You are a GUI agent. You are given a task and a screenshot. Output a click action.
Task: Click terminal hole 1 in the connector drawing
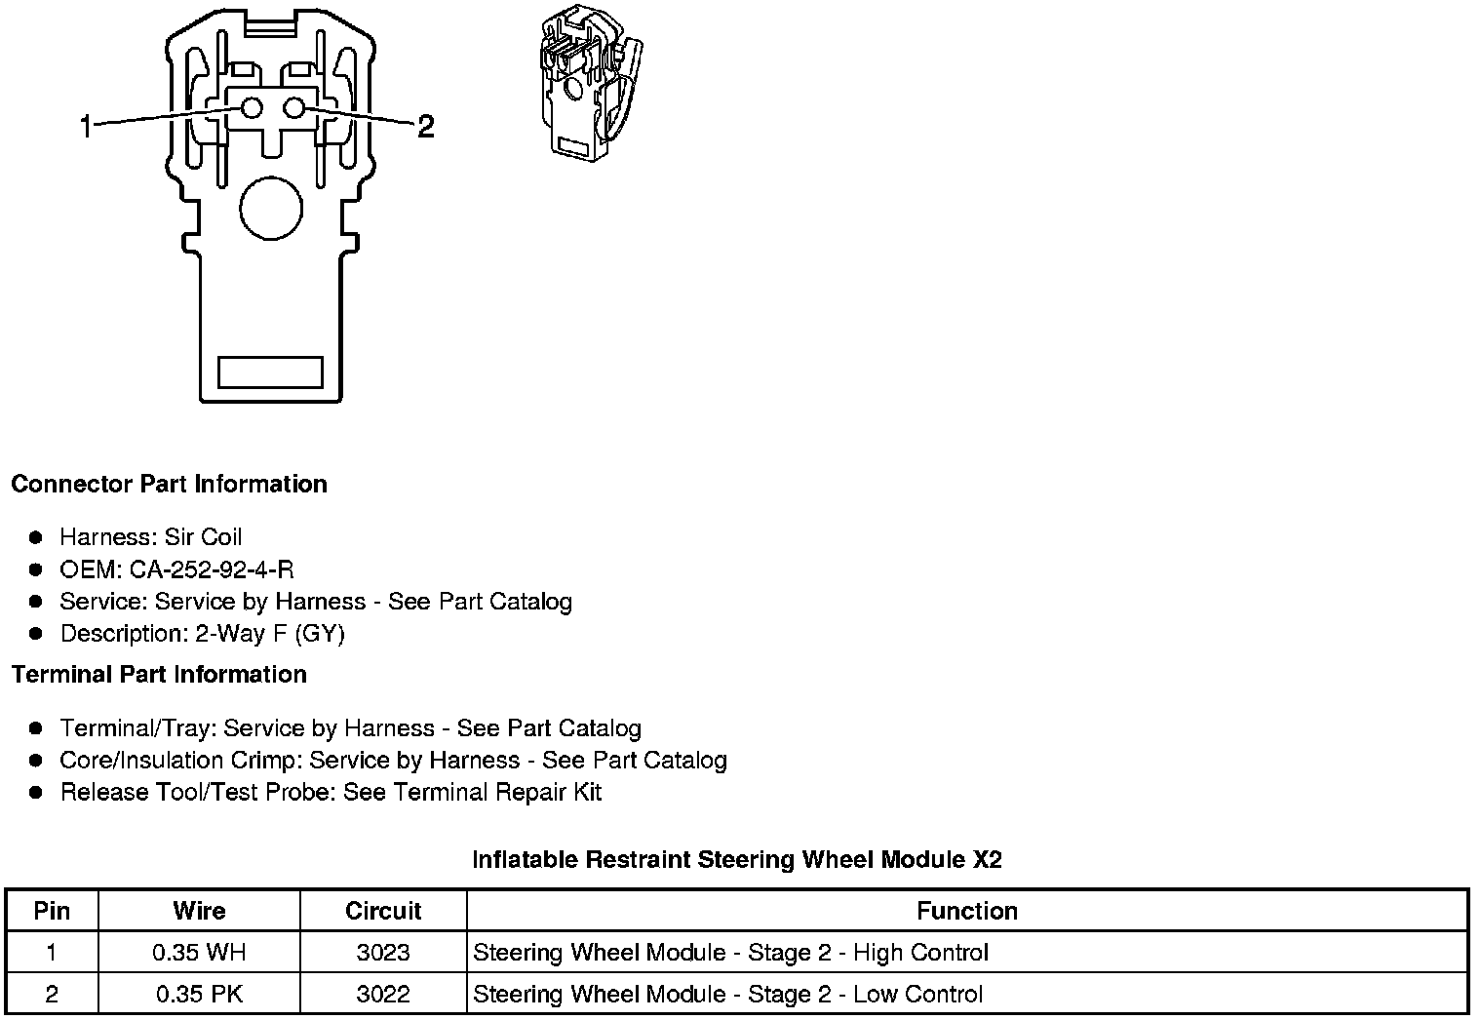coord(252,108)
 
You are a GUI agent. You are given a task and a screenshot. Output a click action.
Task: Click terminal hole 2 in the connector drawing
coord(293,108)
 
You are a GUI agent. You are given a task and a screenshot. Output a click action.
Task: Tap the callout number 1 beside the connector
coord(86,127)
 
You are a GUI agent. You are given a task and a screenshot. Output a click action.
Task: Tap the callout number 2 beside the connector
coord(425,127)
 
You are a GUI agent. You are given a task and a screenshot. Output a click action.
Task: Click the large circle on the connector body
coord(271,208)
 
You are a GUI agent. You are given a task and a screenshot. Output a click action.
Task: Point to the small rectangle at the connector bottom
coord(270,372)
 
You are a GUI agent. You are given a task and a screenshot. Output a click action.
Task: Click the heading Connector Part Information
coord(169,485)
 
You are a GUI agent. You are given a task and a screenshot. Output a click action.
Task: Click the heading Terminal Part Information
coord(159,675)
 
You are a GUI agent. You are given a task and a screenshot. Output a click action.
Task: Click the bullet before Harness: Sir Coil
coord(36,537)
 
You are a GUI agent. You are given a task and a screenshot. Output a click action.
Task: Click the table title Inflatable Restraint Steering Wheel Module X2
coord(736,860)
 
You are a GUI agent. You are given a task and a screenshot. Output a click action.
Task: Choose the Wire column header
coord(199,911)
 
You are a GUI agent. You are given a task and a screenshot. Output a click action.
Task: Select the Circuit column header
coord(383,911)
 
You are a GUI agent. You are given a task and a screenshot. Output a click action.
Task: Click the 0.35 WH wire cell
coord(199,953)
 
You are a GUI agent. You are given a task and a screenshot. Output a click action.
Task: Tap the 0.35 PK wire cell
coord(199,995)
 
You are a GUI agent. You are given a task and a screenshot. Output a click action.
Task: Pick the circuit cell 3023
coord(383,953)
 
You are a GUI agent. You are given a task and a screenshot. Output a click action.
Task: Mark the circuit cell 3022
coord(383,995)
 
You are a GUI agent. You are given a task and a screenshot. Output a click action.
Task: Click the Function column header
coord(966,911)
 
